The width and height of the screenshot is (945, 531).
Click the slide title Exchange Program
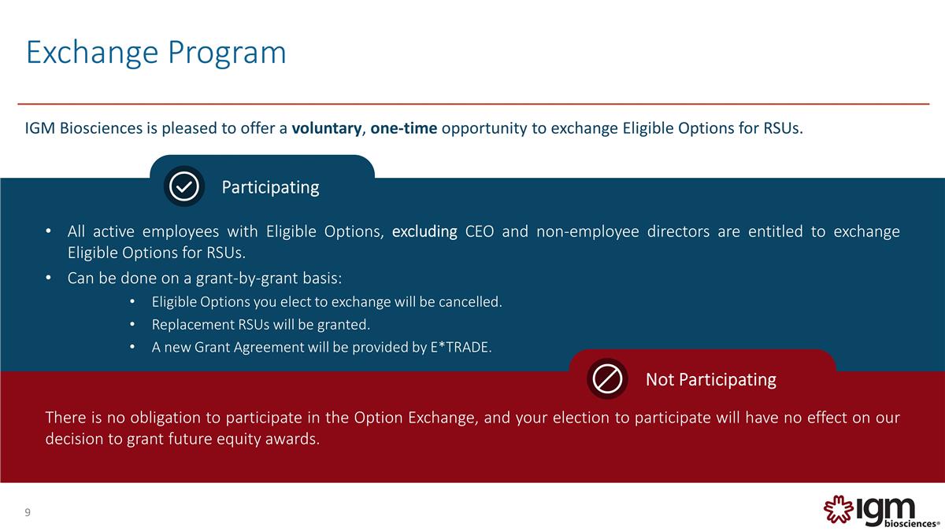pos(156,53)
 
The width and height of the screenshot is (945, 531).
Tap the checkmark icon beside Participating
pos(184,186)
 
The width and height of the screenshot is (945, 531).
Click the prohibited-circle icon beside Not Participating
pos(606,379)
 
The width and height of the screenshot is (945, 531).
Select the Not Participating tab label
pos(710,380)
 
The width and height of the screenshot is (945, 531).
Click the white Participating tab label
pos(270,187)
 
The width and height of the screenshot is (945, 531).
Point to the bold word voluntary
pos(325,129)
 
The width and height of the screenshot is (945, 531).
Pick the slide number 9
pos(28,513)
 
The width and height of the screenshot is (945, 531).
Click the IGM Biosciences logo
pos(880,511)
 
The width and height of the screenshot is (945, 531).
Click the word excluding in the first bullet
pos(424,232)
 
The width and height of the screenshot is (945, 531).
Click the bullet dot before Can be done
pos(48,278)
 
